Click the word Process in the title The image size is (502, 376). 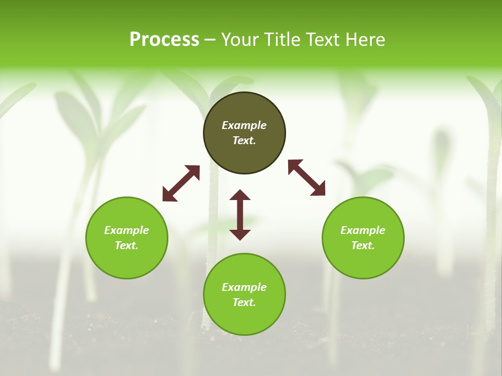click(164, 40)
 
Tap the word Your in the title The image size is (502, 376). click(242, 40)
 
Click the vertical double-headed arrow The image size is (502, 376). click(240, 215)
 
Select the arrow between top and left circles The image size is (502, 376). click(181, 183)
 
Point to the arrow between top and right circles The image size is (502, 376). click(306, 178)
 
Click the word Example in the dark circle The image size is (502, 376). click(244, 125)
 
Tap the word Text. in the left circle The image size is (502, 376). click(127, 245)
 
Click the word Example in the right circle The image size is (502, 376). click(363, 230)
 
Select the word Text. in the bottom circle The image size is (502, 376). click(244, 302)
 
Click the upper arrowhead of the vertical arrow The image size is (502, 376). click(240, 195)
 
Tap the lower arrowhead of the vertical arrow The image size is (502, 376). click(240, 234)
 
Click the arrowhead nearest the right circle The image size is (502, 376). click(318, 190)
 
